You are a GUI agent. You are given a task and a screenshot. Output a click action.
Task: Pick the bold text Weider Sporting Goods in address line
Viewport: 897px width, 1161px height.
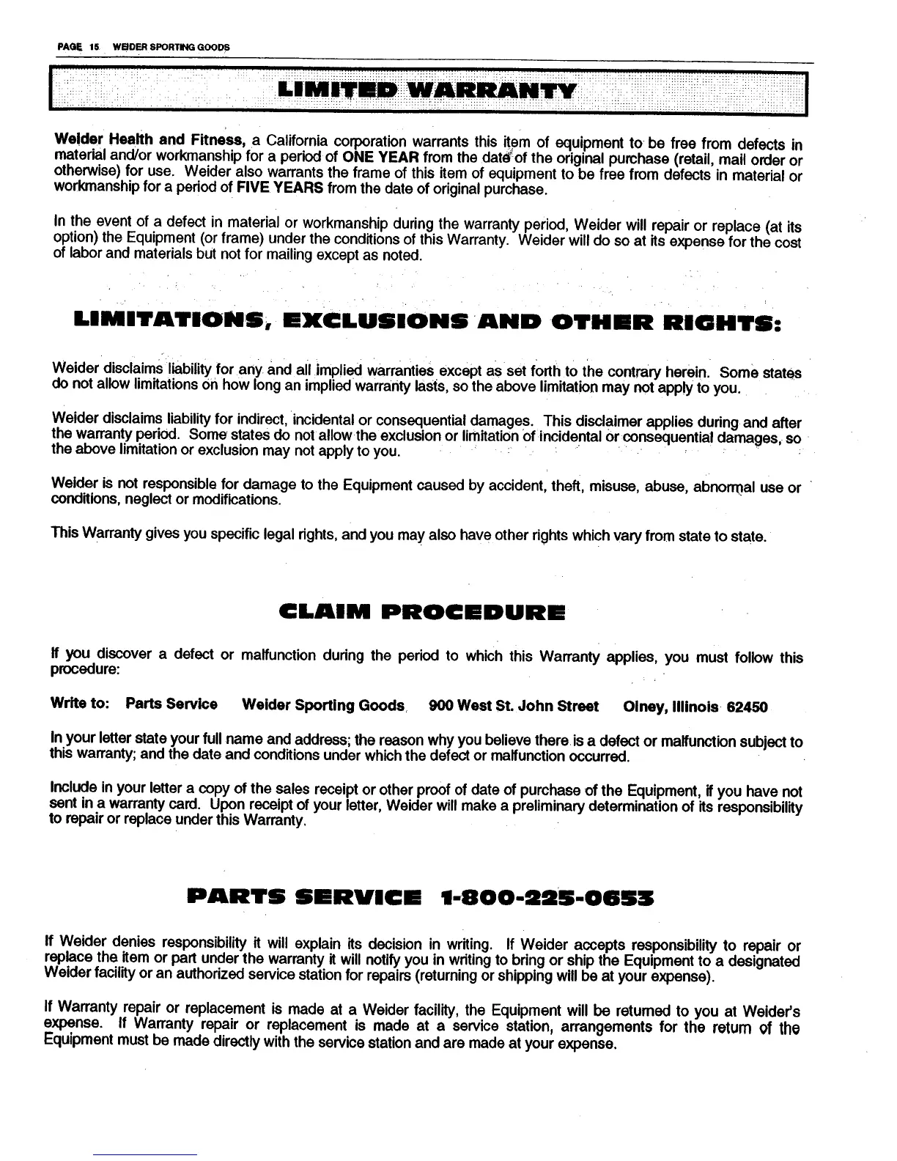click(x=323, y=705)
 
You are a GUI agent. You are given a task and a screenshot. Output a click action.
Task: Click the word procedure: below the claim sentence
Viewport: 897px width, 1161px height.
click(x=86, y=670)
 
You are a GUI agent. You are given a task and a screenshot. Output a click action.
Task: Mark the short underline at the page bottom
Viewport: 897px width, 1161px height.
click(x=145, y=1154)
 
